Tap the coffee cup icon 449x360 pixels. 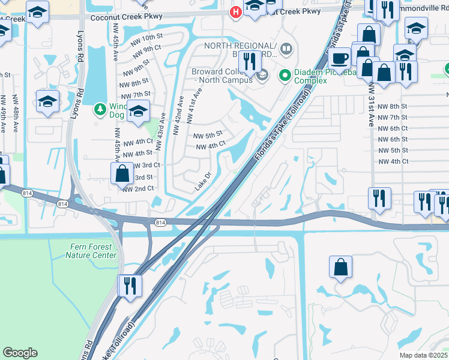(340, 59)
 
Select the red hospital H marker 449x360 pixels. (237, 11)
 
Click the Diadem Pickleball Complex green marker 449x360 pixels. (285, 76)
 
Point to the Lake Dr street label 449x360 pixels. (203, 182)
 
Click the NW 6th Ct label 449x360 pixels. (390, 128)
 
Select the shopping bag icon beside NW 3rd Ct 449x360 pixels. (122, 174)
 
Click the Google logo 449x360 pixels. (20, 353)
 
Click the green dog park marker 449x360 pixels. (100, 110)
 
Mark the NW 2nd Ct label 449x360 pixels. (138, 188)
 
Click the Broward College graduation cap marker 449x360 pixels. (262, 75)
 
